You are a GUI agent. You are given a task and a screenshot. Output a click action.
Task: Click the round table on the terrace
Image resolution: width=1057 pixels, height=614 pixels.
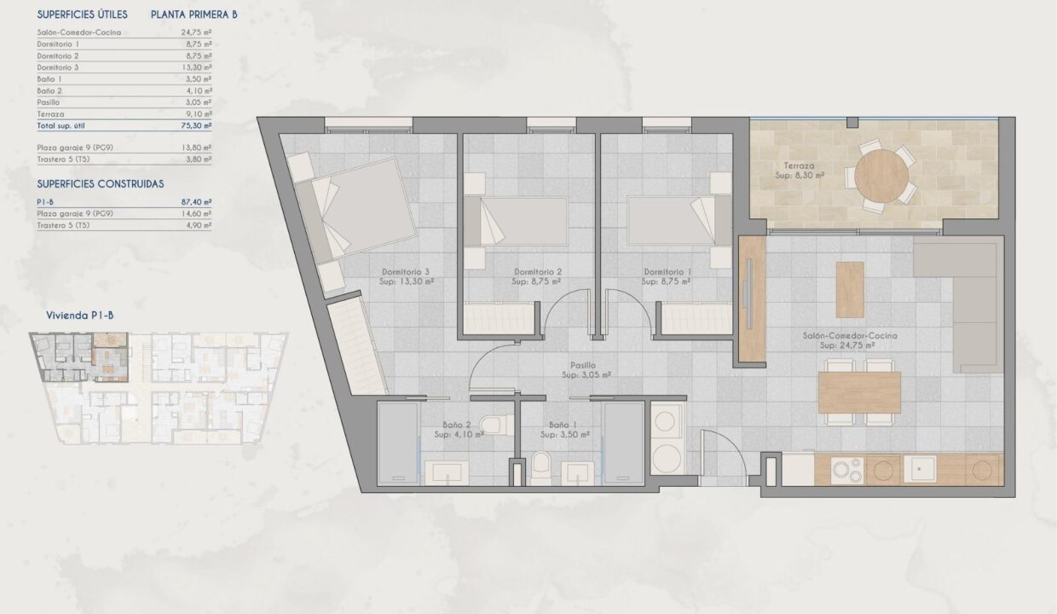click(x=881, y=176)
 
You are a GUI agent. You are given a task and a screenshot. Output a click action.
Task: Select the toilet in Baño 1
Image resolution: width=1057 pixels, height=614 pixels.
click(x=540, y=468)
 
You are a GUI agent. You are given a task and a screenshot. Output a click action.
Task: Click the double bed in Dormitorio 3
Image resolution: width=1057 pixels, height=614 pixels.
click(x=355, y=210)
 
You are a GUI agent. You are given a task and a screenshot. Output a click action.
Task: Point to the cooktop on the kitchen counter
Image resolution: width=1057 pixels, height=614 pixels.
click(x=847, y=471)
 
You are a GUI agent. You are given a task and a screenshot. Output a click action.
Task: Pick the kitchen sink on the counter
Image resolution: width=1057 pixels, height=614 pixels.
click(x=920, y=469)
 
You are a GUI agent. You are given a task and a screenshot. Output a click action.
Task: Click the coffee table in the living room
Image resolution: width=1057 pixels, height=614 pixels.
click(x=850, y=290)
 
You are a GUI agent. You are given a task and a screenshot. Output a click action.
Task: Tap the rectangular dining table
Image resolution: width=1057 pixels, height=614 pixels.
click(x=859, y=392)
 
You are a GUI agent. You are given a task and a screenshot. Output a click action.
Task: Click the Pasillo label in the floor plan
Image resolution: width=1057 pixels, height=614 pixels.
click(x=583, y=365)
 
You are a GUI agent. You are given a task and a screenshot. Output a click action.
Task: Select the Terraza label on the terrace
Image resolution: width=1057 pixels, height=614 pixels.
click(x=799, y=165)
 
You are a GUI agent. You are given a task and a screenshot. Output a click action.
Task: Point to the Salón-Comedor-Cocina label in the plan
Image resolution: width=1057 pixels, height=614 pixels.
click(x=850, y=335)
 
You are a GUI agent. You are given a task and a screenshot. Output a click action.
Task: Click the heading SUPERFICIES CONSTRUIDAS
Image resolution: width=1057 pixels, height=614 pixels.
click(x=101, y=184)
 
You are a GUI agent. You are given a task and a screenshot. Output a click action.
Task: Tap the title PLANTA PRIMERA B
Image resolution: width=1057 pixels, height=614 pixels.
click(x=194, y=14)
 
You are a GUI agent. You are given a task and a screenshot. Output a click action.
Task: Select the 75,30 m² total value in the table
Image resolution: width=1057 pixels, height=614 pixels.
click(x=196, y=125)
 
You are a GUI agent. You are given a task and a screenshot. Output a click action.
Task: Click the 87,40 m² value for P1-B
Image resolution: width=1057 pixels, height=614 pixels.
click(x=196, y=202)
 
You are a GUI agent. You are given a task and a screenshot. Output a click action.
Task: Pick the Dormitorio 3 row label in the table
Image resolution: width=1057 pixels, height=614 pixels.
click(x=58, y=67)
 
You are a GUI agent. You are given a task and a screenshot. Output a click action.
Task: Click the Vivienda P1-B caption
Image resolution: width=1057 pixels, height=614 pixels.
click(x=80, y=316)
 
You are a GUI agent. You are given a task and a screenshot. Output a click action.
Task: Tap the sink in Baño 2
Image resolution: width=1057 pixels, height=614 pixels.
click(x=447, y=472)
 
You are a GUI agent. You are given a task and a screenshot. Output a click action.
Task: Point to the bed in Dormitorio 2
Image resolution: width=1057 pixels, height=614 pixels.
click(x=516, y=221)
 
